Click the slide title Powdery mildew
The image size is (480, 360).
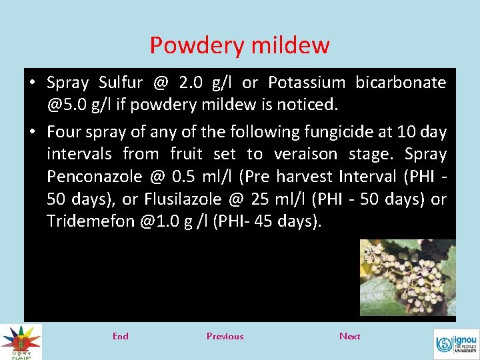239,45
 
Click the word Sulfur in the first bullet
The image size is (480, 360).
121,83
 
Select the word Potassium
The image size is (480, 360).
307,83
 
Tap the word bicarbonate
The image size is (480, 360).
401,83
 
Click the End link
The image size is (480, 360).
121,336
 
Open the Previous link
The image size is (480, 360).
225,336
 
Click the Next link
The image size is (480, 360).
349,336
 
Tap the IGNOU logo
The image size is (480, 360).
456,344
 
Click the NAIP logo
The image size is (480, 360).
21,341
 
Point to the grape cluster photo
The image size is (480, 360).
407,277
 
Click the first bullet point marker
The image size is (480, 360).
32,83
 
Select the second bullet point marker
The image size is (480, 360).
32,132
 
